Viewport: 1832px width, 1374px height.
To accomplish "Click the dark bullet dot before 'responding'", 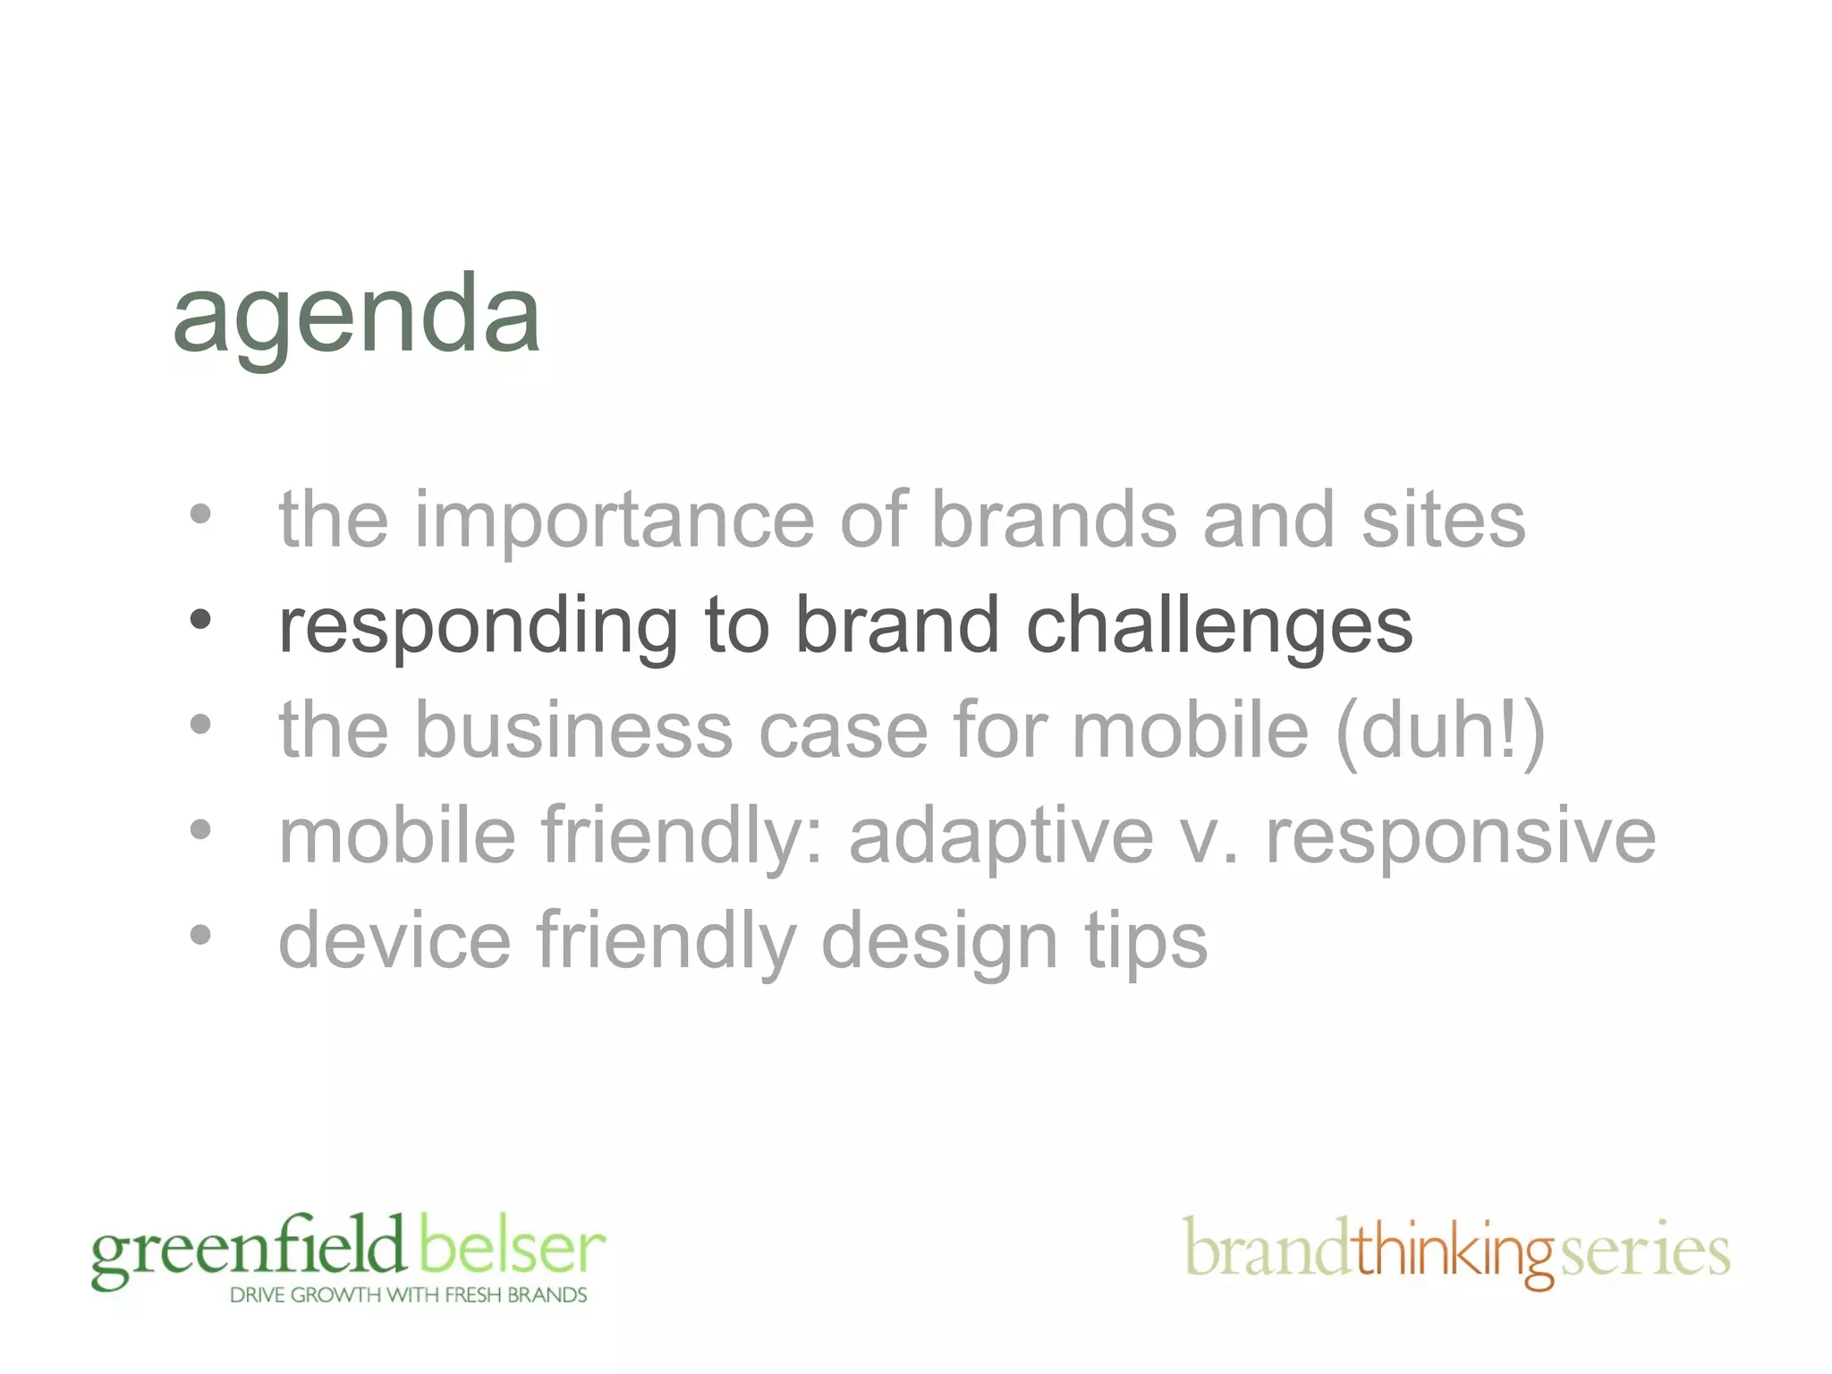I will [200, 618].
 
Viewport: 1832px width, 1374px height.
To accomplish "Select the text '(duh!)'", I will [1440, 732].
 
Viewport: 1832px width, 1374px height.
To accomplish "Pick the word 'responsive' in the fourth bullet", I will [1460, 837].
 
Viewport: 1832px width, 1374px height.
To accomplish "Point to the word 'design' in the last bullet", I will [939, 942].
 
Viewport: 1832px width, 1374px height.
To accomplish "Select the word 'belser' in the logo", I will [512, 1247].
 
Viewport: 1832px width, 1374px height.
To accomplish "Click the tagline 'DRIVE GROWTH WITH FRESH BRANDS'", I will [408, 1295].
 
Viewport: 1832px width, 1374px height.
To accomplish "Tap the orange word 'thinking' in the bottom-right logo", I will [1455, 1251].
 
